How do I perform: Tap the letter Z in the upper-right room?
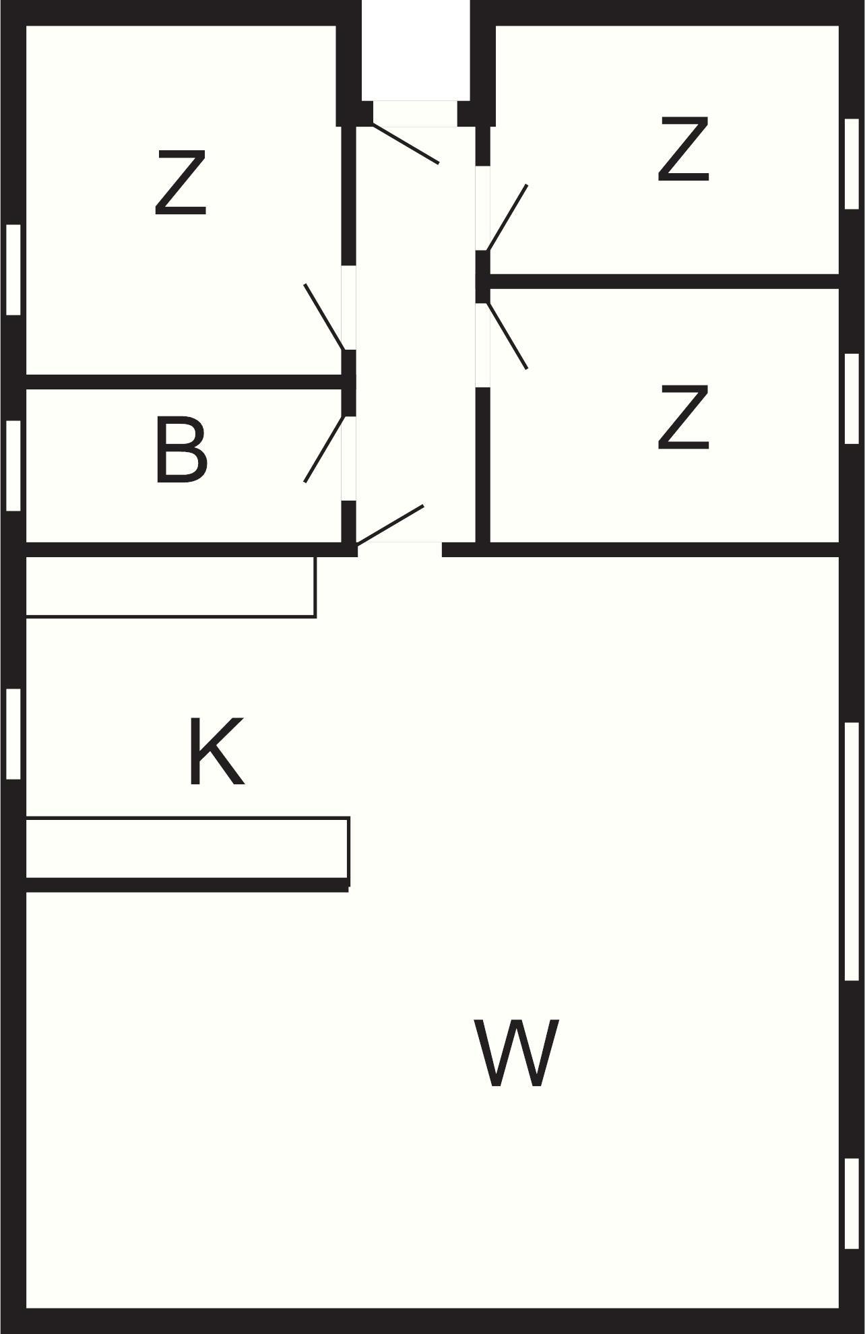(x=683, y=150)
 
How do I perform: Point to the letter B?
(x=181, y=450)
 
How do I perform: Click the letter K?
(x=216, y=751)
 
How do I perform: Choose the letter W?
(x=517, y=1053)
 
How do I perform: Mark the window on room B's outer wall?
(x=13, y=466)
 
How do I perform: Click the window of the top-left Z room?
(x=13, y=269)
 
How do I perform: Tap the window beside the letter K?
(x=13, y=734)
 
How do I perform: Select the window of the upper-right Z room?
(x=852, y=164)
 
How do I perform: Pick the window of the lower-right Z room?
(x=852, y=398)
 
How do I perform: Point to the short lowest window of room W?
(x=852, y=1203)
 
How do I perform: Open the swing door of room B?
(x=325, y=449)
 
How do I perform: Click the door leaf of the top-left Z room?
(x=325, y=317)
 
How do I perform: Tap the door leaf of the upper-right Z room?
(x=507, y=218)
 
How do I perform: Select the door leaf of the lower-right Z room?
(x=507, y=336)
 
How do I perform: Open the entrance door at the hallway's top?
(x=406, y=144)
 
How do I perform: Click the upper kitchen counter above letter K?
(x=170, y=586)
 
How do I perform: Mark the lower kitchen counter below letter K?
(x=187, y=848)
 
